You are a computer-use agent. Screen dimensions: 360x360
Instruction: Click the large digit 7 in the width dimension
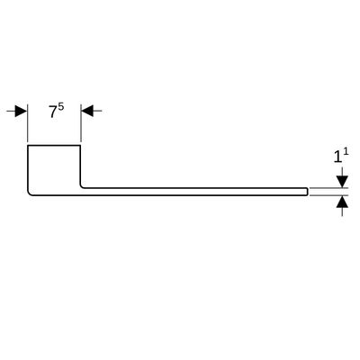pos(53,112)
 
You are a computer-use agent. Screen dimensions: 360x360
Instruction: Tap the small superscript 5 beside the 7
pos(61,107)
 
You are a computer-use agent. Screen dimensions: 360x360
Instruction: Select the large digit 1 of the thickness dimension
pos(337,157)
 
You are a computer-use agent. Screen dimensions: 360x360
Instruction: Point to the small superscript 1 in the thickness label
pos(346,152)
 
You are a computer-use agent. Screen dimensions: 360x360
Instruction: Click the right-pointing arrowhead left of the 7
pos(21,111)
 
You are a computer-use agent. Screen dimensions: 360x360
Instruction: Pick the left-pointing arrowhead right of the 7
pos(87,111)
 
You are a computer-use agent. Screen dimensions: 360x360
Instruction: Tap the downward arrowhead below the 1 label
pos(342,182)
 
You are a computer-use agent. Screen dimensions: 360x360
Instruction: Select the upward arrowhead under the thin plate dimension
pos(342,202)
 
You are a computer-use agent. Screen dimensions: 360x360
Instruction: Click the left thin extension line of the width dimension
pos(27,123)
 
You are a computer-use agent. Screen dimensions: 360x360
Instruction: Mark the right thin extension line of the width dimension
pos(81,123)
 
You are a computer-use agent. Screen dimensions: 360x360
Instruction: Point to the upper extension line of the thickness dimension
pos(328,188)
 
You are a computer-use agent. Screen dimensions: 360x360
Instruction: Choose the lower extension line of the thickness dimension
pos(328,195)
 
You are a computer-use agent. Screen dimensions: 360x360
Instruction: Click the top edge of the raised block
pos(54,146)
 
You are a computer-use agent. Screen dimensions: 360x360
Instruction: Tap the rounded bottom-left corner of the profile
pos(30,193)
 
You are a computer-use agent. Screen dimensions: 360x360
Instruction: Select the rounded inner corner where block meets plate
pos(82,186)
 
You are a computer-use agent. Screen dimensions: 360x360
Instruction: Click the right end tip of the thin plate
pos(308,192)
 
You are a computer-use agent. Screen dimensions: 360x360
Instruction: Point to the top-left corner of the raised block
pos(28,146)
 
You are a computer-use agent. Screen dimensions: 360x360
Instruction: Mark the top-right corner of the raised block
pos(80,146)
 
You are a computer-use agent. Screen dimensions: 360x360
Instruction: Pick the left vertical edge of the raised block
pos(28,168)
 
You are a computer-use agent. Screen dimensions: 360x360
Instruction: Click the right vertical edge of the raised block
pos(80,165)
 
